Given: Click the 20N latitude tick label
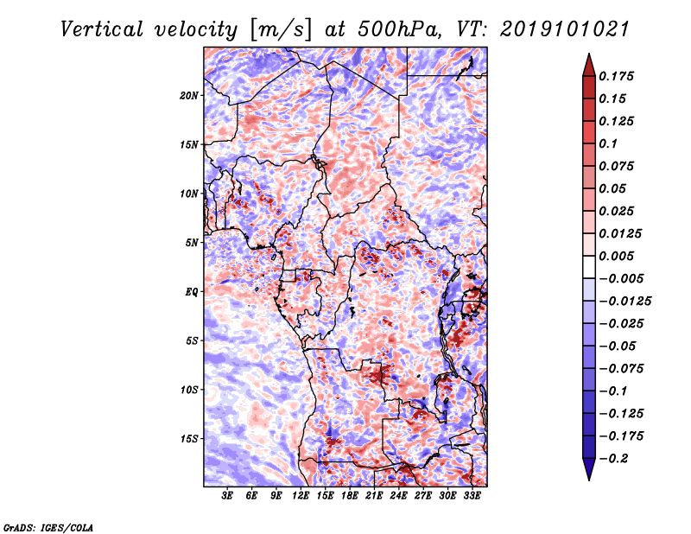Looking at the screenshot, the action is click(x=189, y=96).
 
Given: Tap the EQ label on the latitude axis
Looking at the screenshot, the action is click(x=192, y=292).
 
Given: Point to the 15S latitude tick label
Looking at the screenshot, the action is click(x=189, y=439).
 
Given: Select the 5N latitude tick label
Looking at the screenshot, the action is click(x=192, y=243).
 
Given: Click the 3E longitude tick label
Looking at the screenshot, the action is click(x=227, y=495).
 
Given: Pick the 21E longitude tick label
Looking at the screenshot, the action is click(x=374, y=495).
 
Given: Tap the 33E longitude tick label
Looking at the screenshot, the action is click(x=472, y=495).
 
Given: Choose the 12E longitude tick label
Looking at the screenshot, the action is click(x=301, y=495).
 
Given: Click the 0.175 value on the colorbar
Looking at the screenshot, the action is click(x=616, y=76).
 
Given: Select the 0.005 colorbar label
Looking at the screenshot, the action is click(x=616, y=256).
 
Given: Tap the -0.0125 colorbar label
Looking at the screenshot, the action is click(x=624, y=302).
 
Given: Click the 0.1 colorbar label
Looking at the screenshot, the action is click(x=608, y=143).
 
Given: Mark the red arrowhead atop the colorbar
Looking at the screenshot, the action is click(x=589, y=65).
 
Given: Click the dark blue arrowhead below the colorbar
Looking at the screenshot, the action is click(x=589, y=469).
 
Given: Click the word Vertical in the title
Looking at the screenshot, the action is click(x=102, y=29).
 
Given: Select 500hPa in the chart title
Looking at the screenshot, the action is click(x=399, y=29).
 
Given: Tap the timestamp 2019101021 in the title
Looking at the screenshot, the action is click(x=565, y=29).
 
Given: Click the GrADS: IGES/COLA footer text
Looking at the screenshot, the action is click(x=48, y=527).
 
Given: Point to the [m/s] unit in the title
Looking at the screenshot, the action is click(x=281, y=30).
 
